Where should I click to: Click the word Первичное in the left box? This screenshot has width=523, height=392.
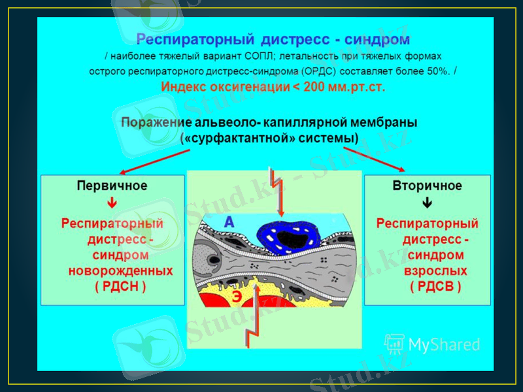pos(112,186)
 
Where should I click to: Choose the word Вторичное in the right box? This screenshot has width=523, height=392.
pos(427,186)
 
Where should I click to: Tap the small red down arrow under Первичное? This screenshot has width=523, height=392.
pos(112,203)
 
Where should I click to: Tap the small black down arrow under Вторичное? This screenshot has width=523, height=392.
pos(427,203)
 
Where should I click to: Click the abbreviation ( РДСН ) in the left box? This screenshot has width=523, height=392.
pos(120,286)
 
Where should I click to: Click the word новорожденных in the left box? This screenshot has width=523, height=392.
pos(121,270)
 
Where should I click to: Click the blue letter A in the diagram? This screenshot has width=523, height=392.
pos(229,223)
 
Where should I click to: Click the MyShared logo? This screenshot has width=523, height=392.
pos(432,344)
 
